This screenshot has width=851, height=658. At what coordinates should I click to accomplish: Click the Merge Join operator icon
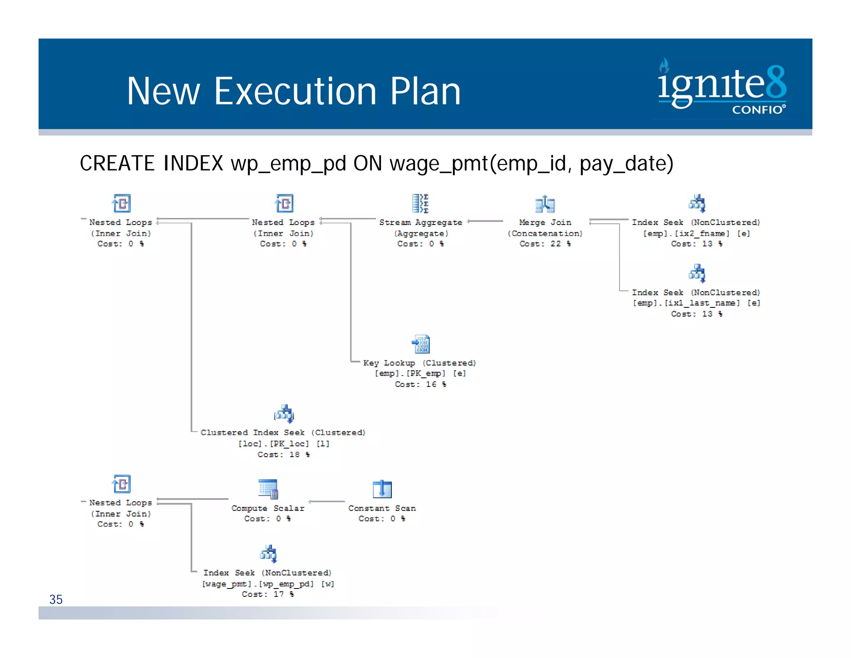(x=545, y=204)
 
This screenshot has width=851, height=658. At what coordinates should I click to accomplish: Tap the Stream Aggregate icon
(x=420, y=203)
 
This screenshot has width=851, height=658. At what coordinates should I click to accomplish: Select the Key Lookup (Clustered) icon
(x=421, y=344)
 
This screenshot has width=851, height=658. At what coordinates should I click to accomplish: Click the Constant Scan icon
(x=382, y=489)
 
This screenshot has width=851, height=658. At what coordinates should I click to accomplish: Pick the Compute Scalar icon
(x=268, y=489)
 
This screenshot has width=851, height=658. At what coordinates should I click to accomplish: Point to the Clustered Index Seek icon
(x=284, y=414)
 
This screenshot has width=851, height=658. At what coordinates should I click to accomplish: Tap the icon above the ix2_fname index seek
(x=697, y=203)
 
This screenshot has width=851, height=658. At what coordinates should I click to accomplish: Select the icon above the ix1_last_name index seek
(x=697, y=273)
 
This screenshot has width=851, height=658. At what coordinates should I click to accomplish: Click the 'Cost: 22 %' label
(x=545, y=244)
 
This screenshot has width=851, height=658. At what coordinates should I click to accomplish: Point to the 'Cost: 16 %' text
(x=420, y=384)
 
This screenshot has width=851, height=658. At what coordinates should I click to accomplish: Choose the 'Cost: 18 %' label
(x=283, y=455)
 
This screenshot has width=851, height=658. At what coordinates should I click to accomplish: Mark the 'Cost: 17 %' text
(x=268, y=594)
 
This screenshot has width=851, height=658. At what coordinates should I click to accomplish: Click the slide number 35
(x=56, y=599)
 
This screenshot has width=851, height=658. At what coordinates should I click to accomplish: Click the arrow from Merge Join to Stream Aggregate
(x=485, y=221)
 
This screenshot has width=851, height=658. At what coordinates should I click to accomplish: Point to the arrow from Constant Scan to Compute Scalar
(x=327, y=502)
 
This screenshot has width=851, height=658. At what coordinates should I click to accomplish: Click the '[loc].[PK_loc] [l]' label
(x=284, y=444)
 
